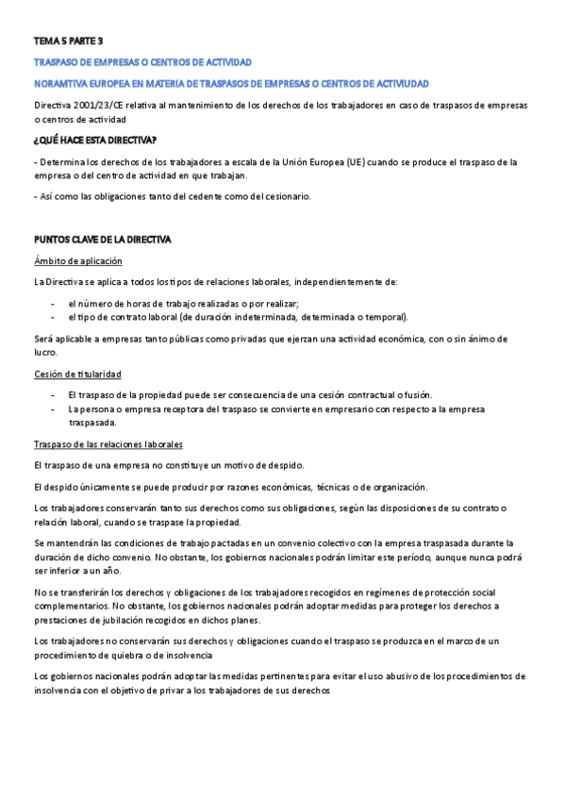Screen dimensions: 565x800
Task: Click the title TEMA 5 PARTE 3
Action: coord(69,42)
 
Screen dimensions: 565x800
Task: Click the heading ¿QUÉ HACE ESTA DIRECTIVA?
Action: coord(94,141)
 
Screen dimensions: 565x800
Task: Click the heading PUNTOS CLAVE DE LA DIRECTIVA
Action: coord(102,240)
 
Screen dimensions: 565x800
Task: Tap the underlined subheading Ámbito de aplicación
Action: coord(77,260)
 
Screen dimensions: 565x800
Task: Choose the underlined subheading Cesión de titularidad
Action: coord(77,374)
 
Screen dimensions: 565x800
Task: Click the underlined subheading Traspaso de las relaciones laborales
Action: coord(108,444)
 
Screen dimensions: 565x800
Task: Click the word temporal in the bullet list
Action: coord(384,317)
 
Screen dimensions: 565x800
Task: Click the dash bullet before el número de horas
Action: coord(53,303)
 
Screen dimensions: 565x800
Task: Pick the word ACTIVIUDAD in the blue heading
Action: coord(396,84)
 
